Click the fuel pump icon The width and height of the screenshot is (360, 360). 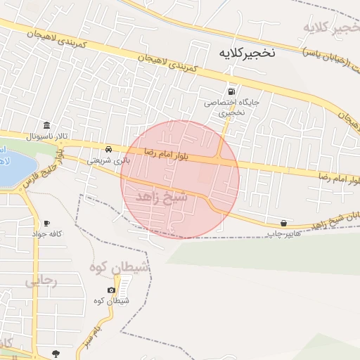point(231,91)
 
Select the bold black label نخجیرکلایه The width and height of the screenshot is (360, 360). point(248,53)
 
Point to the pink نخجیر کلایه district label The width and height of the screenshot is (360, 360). point(327,27)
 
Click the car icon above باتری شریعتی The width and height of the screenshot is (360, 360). point(108,150)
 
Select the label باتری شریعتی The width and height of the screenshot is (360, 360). point(108,160)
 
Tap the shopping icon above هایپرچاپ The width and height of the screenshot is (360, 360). point(283,222)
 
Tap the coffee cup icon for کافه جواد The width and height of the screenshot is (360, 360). point(46,222)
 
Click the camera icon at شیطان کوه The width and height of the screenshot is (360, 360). point(111,290)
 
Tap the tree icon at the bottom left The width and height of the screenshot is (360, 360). point(56,354)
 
